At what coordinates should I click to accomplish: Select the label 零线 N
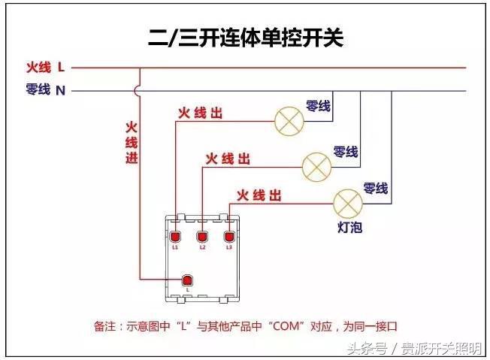click(x=46, y=90)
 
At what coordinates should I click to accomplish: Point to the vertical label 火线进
click(x=132, y=142)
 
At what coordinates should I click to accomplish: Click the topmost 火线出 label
click(x=200, y=113)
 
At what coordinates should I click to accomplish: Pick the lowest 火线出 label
click(x=259, y=195)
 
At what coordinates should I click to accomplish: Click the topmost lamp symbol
click(x=286, y=122)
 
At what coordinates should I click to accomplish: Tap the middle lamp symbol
click(x=316, y=166)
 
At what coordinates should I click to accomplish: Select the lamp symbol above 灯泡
click(x=347, y=202)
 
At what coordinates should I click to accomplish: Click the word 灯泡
click(x=350, y=226)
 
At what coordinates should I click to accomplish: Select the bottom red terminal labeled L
click(x=189, y=280)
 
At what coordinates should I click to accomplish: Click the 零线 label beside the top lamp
click(x=318, y=106)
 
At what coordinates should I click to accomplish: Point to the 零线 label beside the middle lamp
click(x=346, y=152)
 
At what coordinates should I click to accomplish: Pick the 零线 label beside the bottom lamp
click(x=376, y=188)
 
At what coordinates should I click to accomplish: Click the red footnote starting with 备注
click(x=244, y=326)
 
